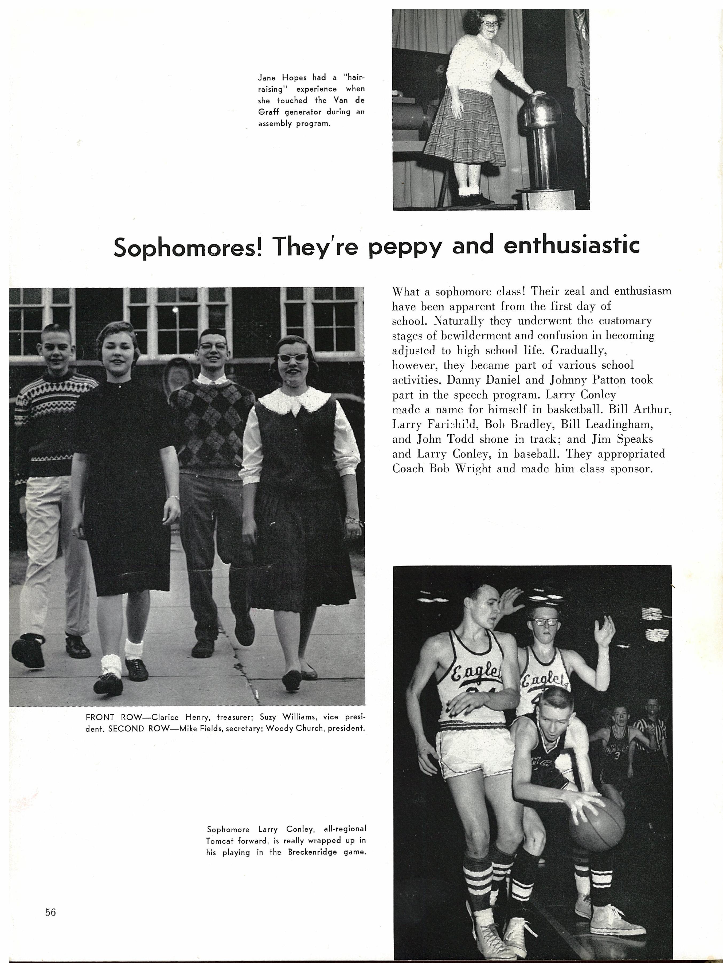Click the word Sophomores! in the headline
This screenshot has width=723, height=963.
click(x=187, y=247)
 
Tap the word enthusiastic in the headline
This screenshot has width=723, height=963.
click(x=572, y=245)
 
